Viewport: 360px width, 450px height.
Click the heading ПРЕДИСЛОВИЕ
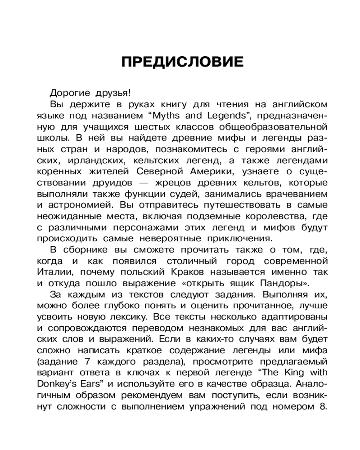(x=182, y=62)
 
